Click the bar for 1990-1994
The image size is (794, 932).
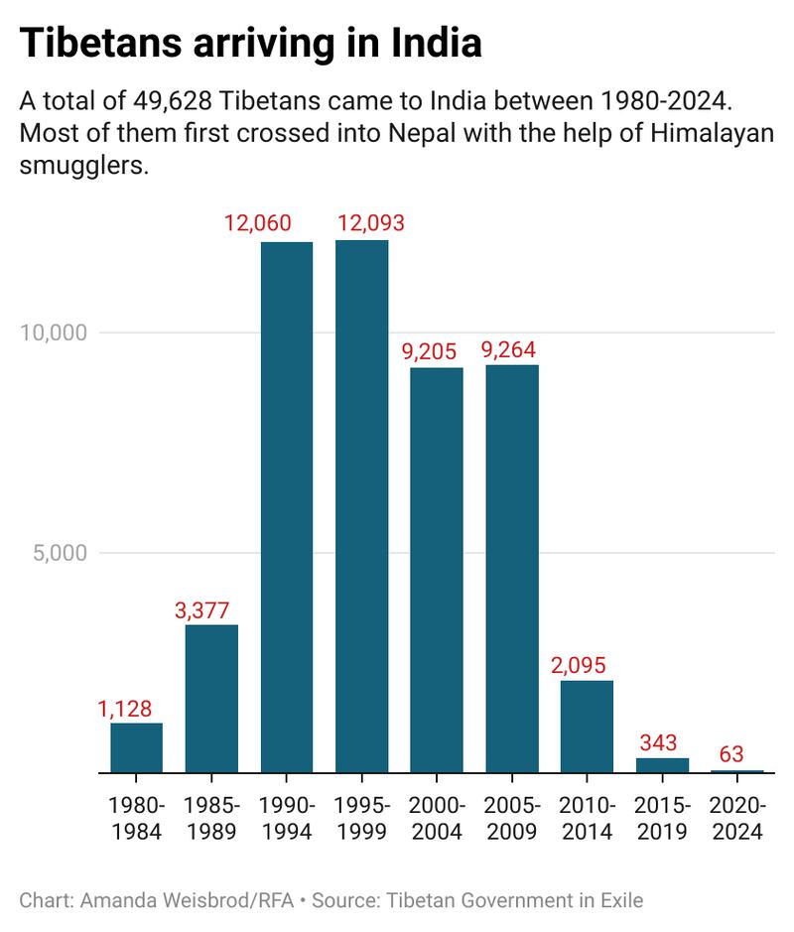point(286,506)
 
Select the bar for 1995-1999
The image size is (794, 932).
point(361,506)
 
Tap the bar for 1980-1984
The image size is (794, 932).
point(136,747)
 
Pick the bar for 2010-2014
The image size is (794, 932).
point(587,726)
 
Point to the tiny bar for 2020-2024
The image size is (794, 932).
point(736,771)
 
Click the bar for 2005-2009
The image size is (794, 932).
point(511,568)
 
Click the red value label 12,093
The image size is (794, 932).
point(370,222)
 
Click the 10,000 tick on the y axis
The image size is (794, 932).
point(56,332)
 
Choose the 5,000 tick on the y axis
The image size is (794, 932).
point(62,552)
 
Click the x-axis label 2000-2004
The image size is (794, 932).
point(437,819)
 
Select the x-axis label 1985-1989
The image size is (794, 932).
point(211,819)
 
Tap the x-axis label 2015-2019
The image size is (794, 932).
point(662,819)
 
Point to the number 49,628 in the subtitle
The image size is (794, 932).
point(168,101)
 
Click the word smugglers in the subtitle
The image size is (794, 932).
point(82,166)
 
